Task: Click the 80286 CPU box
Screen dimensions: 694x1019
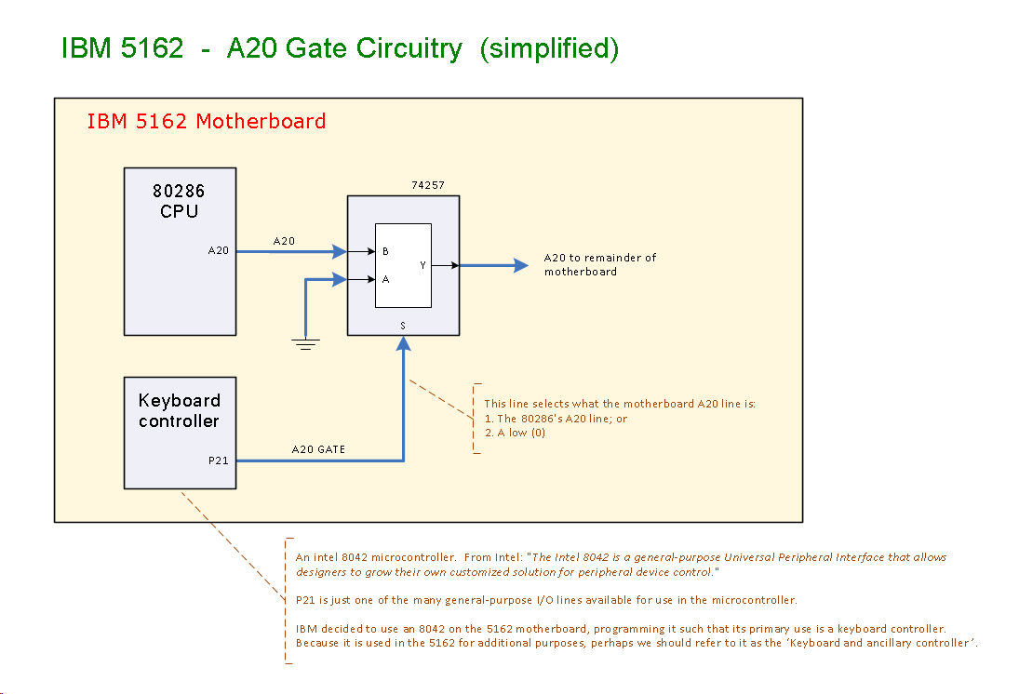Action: click(x=180, y=251)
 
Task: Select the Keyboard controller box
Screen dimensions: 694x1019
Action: click(x=180, y=433)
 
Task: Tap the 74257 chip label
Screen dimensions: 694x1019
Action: click(x=428, y=185)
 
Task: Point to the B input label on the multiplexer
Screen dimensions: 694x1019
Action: click(x=385, y=251)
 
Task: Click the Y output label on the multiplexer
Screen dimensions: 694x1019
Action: click(x=422, y=265)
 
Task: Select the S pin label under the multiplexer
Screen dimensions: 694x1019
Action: click(x=403, y=326)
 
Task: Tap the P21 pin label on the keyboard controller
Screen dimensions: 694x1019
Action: click(x=219, y=460)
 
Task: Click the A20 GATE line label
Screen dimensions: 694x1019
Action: click(x=318, y=449)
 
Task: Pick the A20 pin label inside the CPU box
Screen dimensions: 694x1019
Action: click(x=219, y=250)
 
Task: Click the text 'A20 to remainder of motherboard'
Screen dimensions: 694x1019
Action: click(x=599, y=264)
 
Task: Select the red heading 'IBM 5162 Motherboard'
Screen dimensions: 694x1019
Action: click(x=206, y=121)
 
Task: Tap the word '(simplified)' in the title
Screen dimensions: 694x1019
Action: click(x=549, y=48)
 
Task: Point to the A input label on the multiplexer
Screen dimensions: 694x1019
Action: click(x=385, y=278)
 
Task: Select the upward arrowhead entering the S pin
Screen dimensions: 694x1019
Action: click(x=403, y=343)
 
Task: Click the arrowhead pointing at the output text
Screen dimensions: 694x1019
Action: click(x=521, y=265)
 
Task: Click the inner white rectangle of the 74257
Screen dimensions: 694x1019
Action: click(x=403, y=265)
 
